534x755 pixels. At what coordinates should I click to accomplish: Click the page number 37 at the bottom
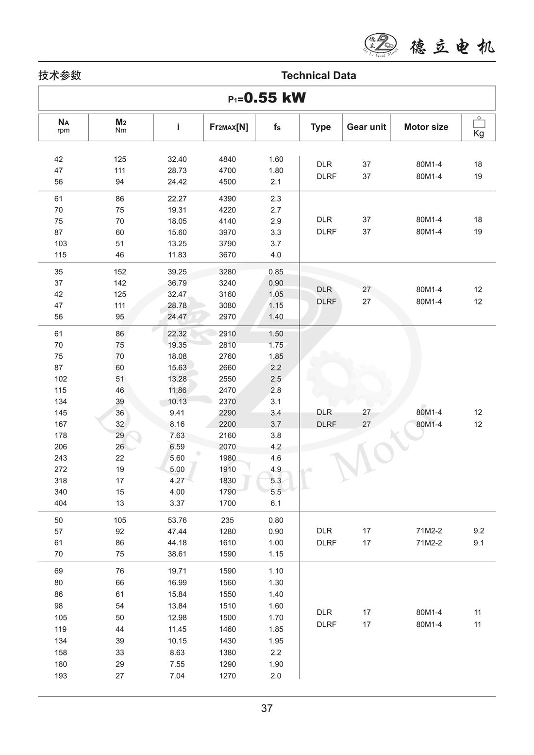(x=267, y=708)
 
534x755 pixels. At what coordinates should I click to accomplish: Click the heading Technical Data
(x=318, y=75)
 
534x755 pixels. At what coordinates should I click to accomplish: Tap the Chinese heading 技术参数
(x=60, y=75)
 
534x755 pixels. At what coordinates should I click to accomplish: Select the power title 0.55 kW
(x=267, y=98)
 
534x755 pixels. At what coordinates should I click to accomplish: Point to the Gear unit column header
(x=366, y=127)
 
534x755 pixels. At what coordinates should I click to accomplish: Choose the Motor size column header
(x=426, y=127)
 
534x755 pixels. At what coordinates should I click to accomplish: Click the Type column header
(x=320, y=127)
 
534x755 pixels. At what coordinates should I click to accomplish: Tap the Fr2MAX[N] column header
(x=229, y=127)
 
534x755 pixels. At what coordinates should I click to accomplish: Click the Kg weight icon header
(x=479, y=127)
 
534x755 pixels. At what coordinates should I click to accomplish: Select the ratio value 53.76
(x=177, y=520)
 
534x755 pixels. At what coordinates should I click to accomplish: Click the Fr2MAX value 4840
(x=227, y=159)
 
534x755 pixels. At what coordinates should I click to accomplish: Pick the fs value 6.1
(x=276, y=503)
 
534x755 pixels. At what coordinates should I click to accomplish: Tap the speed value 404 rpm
(x=61, y=503)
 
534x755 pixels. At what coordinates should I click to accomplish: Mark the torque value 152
(x=120, y=272)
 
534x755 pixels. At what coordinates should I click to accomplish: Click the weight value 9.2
(x=479, y=531)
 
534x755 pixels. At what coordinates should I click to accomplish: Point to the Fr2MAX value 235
(x=227, y=520)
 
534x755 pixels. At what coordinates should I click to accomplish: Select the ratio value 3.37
(x=177, y=503)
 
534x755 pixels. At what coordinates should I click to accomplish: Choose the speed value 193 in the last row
(x=61, y=676)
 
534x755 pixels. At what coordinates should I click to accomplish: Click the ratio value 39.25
(x=177, y=272)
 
